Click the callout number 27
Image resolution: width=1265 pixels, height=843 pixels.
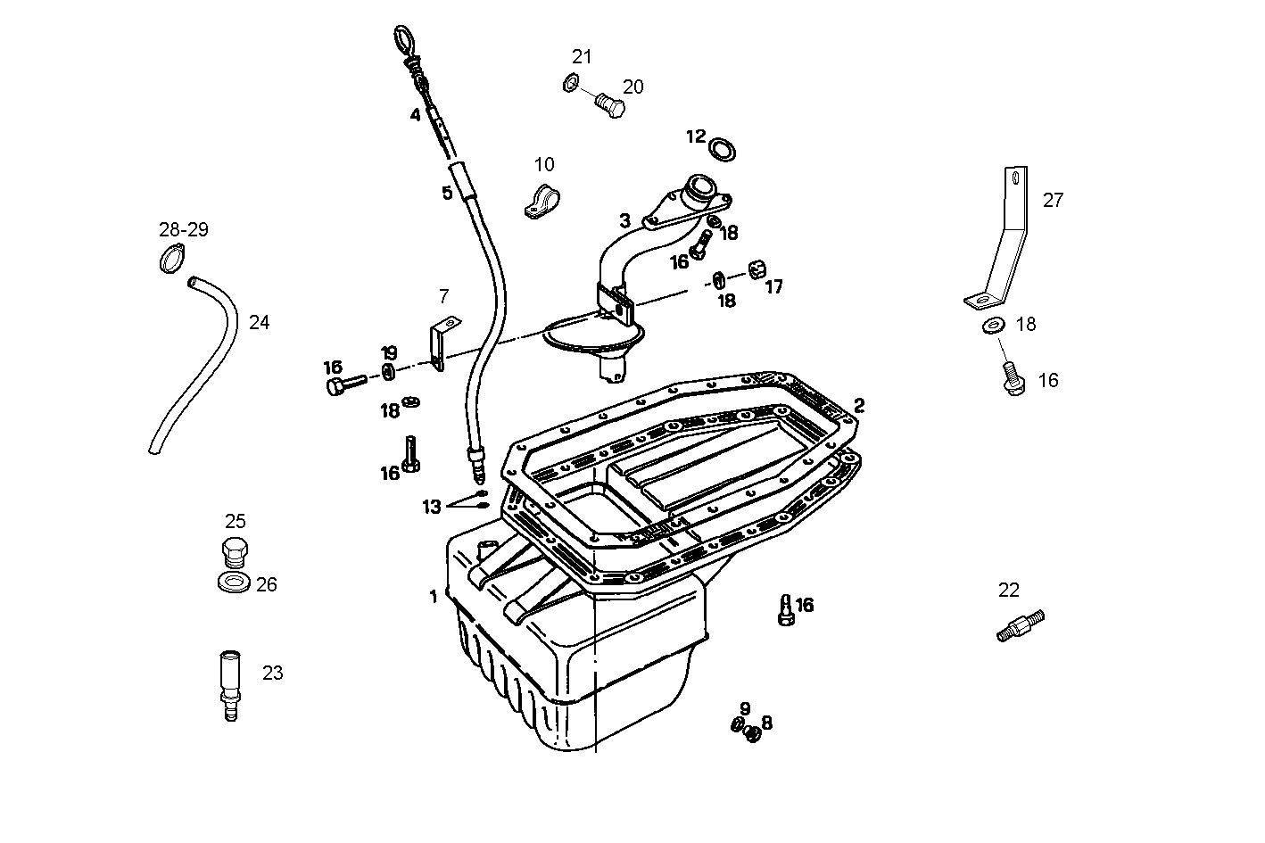coord(1053,201)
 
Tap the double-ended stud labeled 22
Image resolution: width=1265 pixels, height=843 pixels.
coord(1020,625)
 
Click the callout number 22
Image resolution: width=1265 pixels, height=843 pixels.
coord(1008,591)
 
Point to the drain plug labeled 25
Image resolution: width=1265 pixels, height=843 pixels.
coord(233,553)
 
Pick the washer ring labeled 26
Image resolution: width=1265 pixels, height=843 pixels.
coord(234,584)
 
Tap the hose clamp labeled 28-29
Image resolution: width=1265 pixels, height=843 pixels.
coord(172,260)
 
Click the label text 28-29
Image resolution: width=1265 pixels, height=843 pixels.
coord(184,230)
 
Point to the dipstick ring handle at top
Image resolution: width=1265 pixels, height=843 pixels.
coord(402,40)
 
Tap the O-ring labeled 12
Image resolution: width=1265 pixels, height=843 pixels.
coord(723,148)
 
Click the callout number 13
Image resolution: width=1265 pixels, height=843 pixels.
coord(432,507)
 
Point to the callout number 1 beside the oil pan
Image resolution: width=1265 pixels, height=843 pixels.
coord(434,597)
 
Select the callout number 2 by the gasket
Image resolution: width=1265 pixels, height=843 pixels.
coord(858,406)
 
